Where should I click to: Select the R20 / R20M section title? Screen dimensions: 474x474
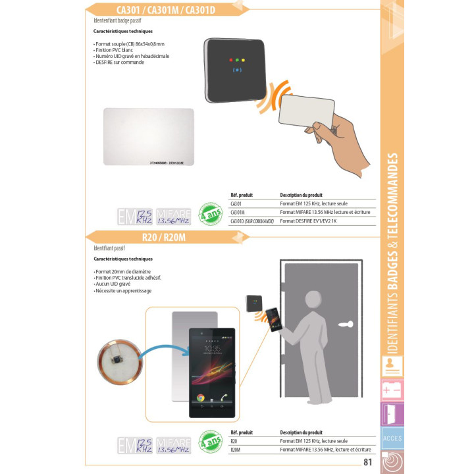pyautogui.click(x=163, y=238)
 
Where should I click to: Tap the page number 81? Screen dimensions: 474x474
pyautogui.click(x=367, y=462)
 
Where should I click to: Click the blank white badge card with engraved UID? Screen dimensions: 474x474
pyautogui.click(x=149, y=136)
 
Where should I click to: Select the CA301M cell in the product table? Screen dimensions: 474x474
pyautogui.click(x=238, y=213)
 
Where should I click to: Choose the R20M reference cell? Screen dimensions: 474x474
pyautogui.click(x=236, y=450)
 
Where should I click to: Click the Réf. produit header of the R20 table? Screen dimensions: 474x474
pyautogui.click(x=242, y=433)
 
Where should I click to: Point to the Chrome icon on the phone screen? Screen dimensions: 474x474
pyautogui.click(x=200, y=398)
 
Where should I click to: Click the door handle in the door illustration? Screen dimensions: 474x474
pyautogui.click(x=346, y=324)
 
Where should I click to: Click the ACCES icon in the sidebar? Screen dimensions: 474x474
pyautogui.click(x=392, y=438)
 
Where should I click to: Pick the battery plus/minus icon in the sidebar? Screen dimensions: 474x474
pyautogui.click(x=392, y=391)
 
